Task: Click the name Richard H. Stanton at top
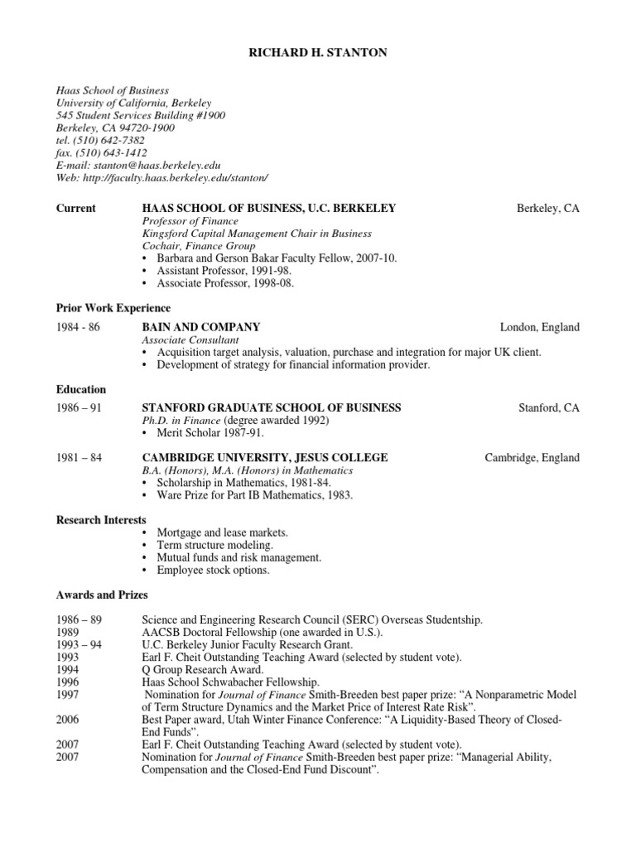(318, 53)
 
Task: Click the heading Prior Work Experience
(113, 308)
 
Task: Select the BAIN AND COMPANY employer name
(201, 327)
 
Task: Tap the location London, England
(540, 327)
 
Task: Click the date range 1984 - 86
(78, 327)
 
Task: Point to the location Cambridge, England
(532, 458)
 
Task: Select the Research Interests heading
(101, 520)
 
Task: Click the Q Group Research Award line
(203, 670)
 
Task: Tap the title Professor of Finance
(190, 221)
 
